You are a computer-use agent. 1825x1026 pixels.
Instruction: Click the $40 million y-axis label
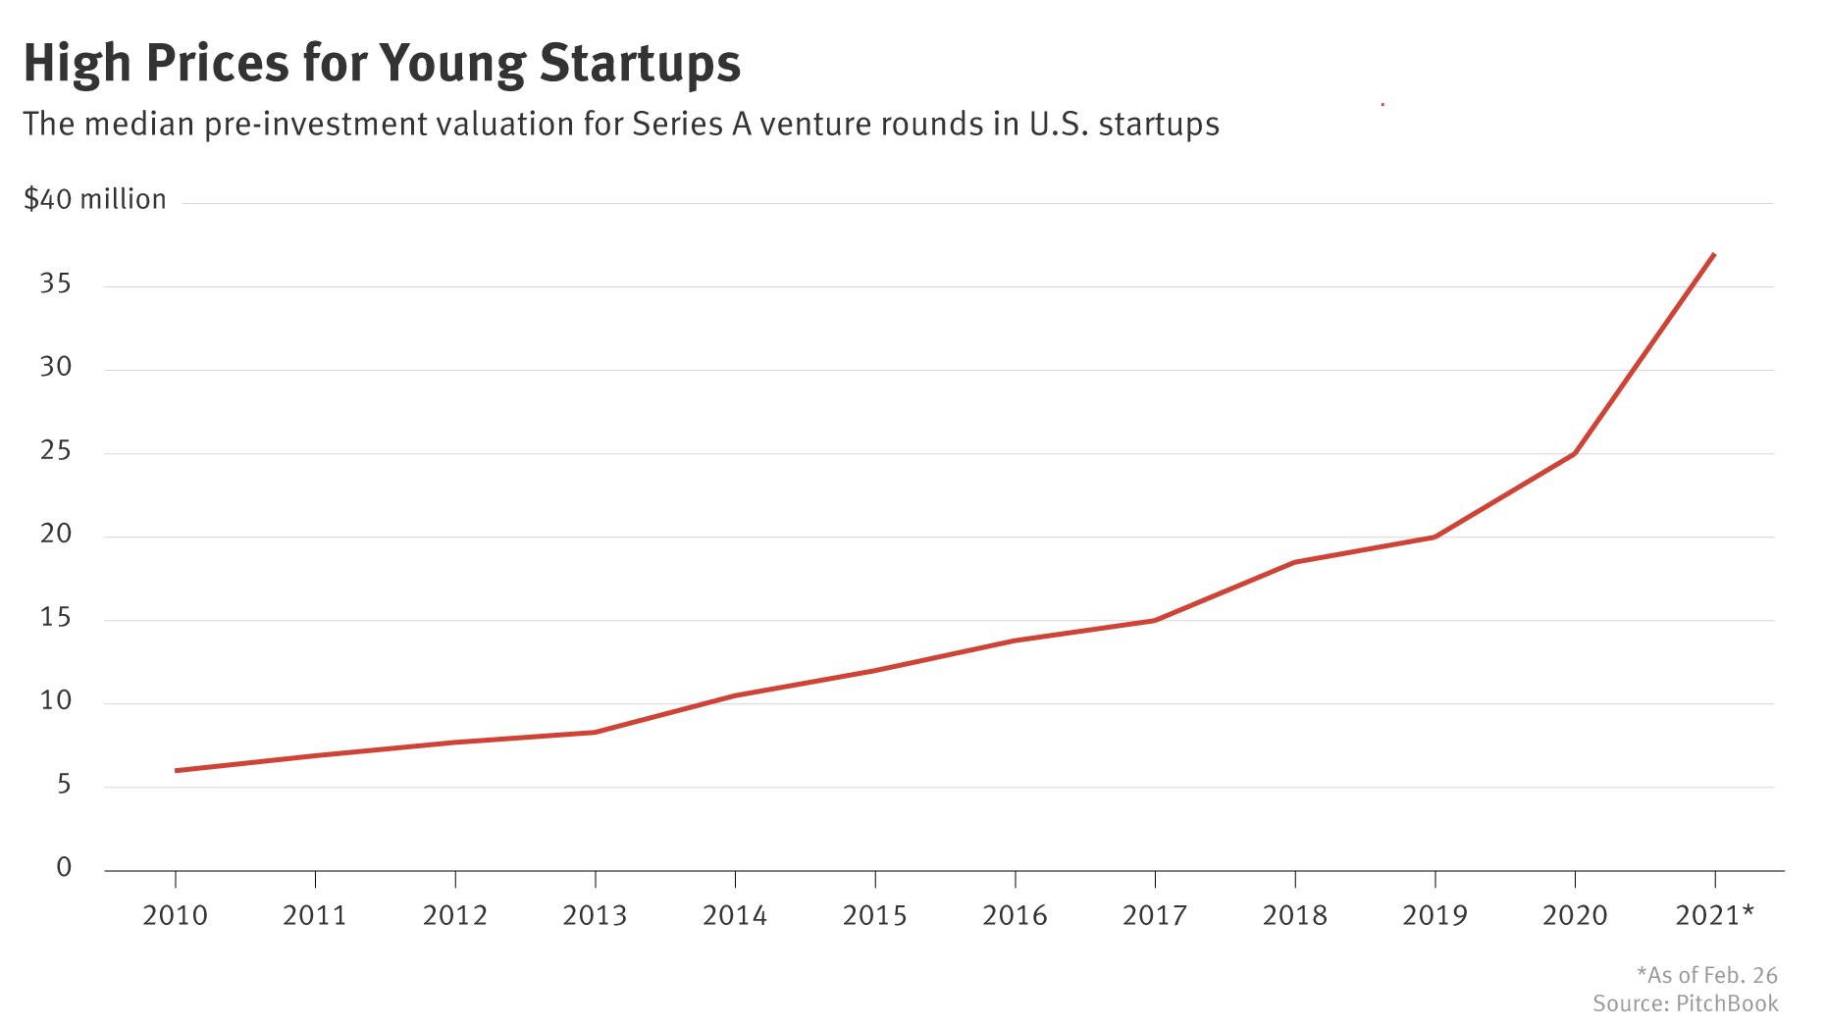(95, 200)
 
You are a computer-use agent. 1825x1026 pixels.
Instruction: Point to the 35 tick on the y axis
(56, 284)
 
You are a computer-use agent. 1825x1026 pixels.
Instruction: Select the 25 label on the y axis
(56, 452)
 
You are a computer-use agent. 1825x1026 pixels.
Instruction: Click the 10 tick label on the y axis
(56, 701)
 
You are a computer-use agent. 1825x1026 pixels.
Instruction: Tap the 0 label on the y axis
(64, 867)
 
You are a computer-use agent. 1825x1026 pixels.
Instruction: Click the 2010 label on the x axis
(175, 916)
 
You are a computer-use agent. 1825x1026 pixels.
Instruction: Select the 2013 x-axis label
(595, 916)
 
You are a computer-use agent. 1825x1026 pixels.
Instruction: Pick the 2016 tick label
(1015, 916)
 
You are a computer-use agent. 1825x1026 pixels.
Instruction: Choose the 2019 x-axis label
(1434, 916)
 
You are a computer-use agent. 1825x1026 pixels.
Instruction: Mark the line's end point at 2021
(1713, 254)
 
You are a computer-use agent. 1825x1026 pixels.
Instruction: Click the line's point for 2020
(1575, 453)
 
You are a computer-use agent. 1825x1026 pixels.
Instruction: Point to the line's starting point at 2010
(176, 771)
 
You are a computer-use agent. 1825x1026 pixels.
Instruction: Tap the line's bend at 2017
(1155, 620)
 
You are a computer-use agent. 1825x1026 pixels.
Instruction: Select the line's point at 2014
(735, 695)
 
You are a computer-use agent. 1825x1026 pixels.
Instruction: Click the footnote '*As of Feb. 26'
(1706, 975)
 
